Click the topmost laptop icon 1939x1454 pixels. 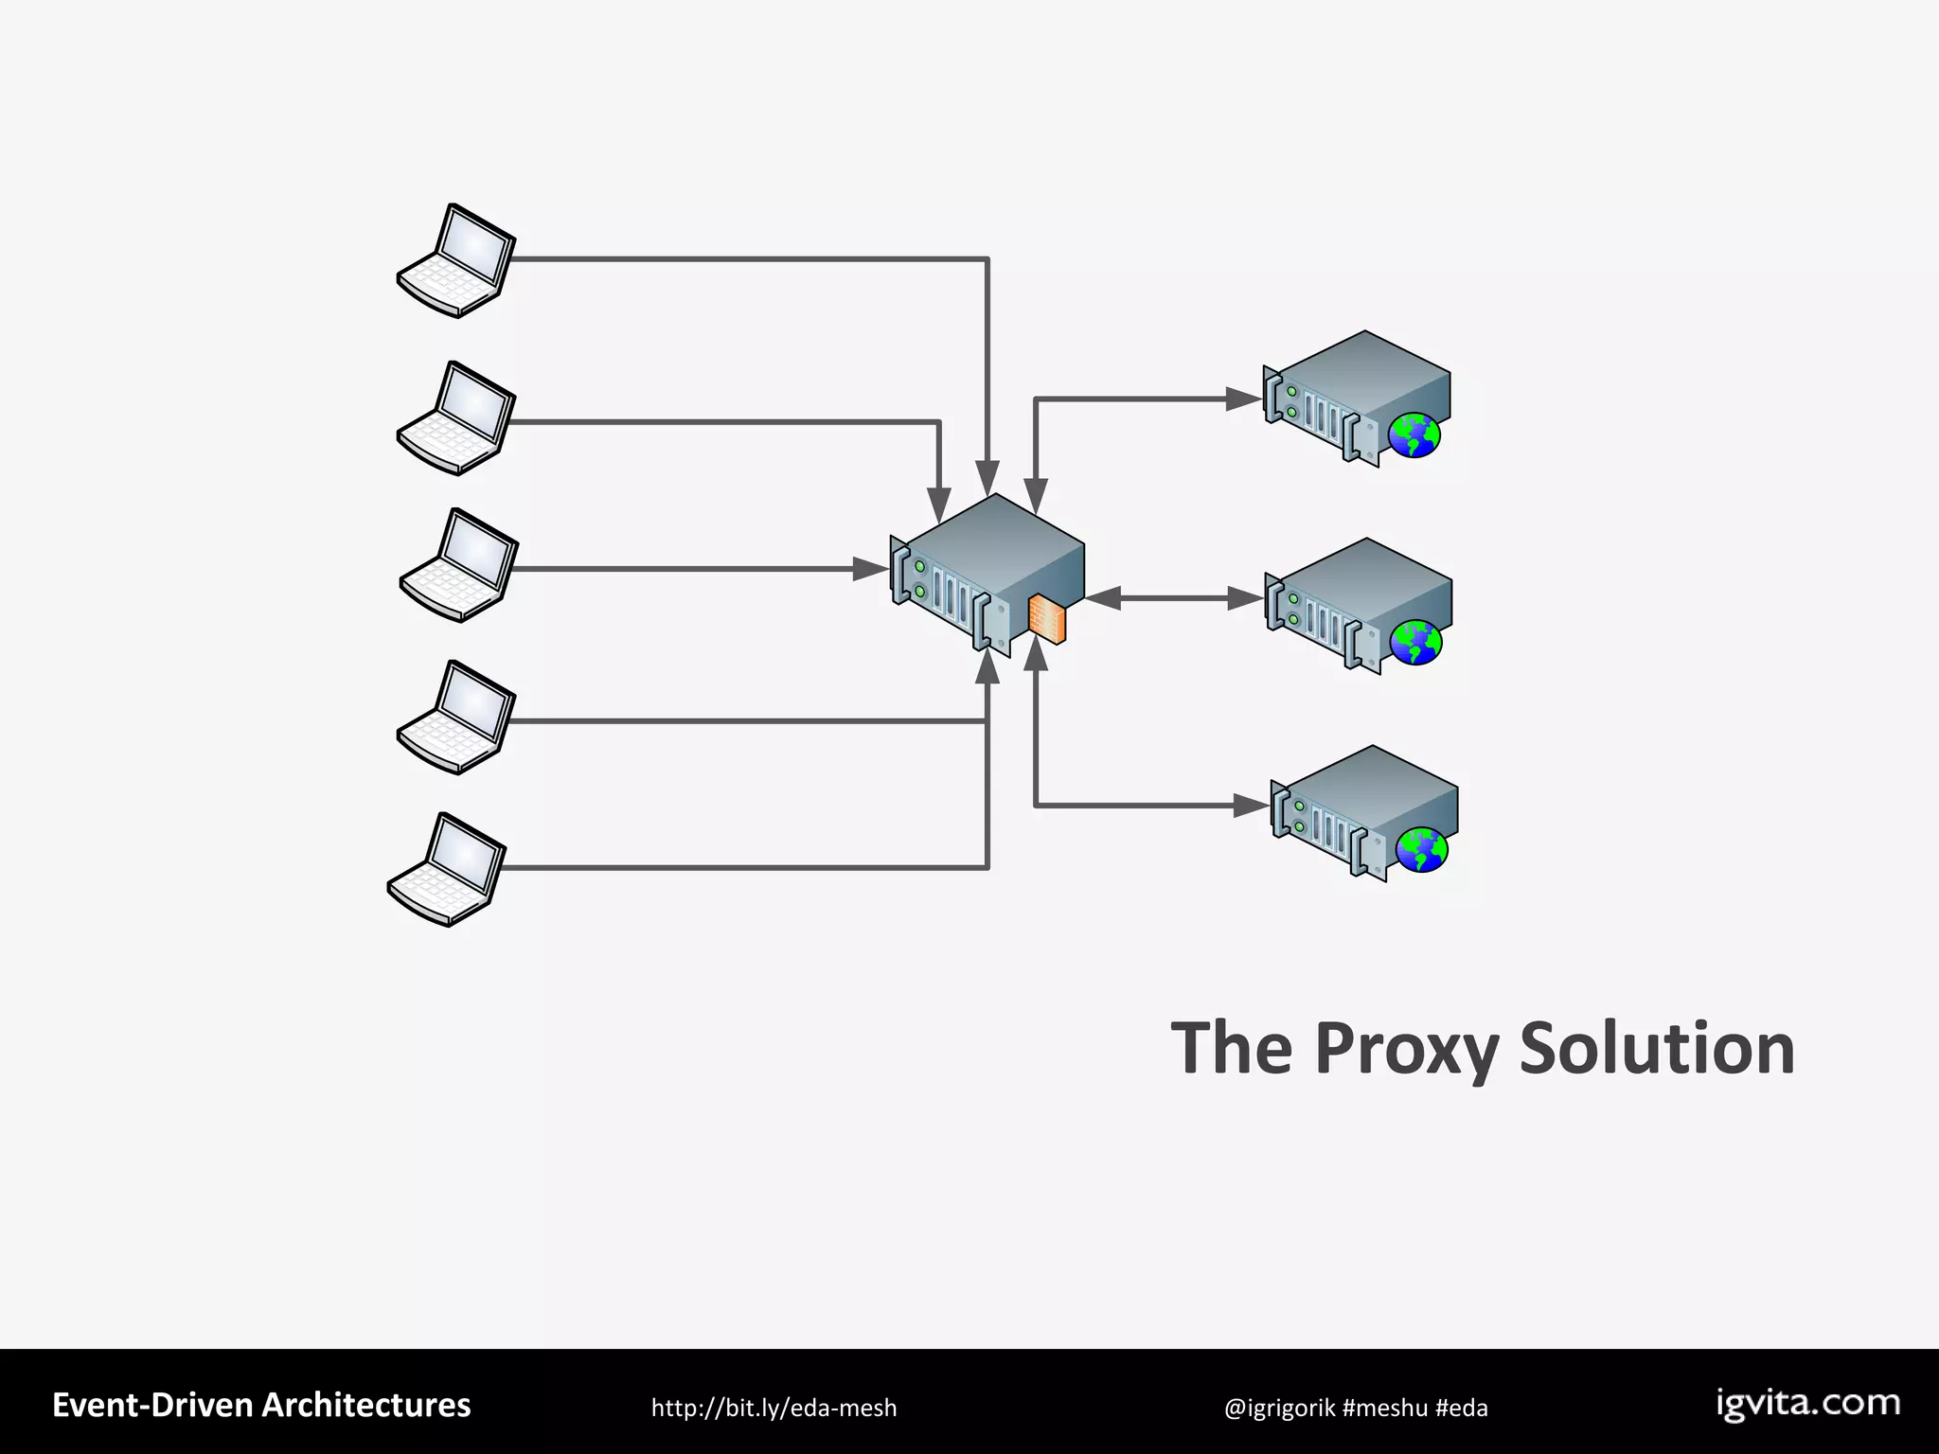[456, 260]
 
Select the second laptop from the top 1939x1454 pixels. [456, 417]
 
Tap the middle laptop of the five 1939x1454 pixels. [459, 565]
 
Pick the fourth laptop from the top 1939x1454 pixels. [456, 717]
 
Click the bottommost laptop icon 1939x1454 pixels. [447, 869]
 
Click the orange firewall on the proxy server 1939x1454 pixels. [1047, 619]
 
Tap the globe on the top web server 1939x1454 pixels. [1414, 436]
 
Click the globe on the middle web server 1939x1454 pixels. [1415, 643]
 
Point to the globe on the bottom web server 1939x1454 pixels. [1422, 849]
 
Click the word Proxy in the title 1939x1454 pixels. [1406, 1049]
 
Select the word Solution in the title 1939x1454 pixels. [1657, 1049]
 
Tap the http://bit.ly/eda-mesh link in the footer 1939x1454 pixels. [774, 1408]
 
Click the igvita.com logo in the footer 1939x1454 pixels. [1807, 1404]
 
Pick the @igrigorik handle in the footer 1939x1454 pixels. [1279, 1408]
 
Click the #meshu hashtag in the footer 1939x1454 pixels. [1384, 1408]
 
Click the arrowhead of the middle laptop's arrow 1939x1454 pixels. [871, 569]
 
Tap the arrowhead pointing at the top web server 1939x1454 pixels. [1244, 399]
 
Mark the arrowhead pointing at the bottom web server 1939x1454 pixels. [1251, 806]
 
